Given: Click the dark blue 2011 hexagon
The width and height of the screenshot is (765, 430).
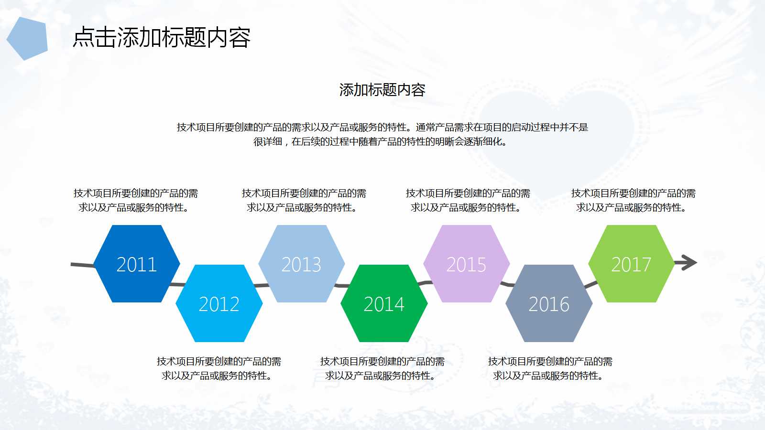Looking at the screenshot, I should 137,264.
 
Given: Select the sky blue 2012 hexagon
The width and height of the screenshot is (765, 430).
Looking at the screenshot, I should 219,303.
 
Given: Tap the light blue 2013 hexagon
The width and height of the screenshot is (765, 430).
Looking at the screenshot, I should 301,264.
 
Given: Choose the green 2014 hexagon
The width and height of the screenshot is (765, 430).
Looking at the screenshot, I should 384,303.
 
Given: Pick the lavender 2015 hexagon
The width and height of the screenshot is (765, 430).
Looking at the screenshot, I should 466,264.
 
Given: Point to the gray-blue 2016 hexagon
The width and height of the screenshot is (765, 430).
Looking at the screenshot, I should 549,303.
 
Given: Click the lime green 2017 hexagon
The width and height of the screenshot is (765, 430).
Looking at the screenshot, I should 631,264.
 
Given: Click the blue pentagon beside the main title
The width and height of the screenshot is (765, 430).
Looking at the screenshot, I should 28,38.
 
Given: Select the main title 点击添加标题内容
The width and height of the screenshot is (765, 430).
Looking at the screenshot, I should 162,37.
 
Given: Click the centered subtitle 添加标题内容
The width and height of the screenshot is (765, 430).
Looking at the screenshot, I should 382,90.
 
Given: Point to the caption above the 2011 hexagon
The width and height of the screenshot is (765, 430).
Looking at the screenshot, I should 135,200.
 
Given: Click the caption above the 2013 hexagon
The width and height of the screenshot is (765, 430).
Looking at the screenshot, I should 304,200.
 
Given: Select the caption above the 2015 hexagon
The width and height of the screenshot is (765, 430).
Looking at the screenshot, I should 468,200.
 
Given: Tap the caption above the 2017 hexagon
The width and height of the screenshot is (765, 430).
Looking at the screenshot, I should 633,200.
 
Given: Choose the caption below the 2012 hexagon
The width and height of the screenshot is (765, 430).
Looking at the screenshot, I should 219,368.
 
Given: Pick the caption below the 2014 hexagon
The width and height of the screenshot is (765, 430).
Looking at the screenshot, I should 382,368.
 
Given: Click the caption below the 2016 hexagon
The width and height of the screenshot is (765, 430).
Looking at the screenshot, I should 550,368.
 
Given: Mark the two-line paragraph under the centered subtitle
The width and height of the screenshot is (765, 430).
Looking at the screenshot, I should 382,134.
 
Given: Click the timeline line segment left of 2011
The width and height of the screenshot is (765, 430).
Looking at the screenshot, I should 82,265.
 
